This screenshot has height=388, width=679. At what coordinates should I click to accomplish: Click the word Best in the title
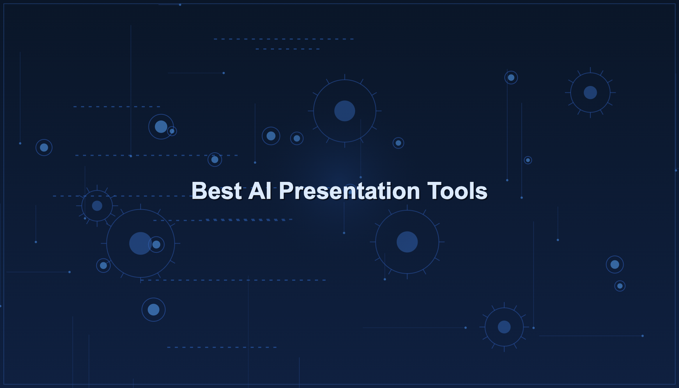[216, 191]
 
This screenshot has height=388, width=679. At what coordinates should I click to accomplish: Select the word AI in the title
[260, 191]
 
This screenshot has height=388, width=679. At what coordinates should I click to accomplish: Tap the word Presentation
[349, 191]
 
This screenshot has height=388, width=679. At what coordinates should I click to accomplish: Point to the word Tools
[457, 191]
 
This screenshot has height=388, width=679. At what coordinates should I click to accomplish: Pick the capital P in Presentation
[286, 191]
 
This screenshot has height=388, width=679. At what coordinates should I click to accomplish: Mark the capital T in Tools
[433, 191]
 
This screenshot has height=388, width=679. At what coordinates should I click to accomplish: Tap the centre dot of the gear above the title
[345, 111]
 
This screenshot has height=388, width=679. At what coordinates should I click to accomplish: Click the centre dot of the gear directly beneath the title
[407, 242]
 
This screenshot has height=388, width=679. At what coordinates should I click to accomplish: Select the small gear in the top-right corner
[590, 93]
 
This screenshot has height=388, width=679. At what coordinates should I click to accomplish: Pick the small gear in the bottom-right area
[504, 327]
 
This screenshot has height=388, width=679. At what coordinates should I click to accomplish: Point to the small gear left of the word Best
[97, 206]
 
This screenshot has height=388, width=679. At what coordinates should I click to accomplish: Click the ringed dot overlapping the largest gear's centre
[156, 245]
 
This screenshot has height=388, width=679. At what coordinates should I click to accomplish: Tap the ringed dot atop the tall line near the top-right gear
[511, 78]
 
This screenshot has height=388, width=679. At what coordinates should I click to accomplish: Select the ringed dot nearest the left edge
[44, 147]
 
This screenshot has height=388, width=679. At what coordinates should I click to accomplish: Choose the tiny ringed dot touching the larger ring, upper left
[172, 131]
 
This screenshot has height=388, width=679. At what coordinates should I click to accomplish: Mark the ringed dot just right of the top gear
[398, 143]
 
